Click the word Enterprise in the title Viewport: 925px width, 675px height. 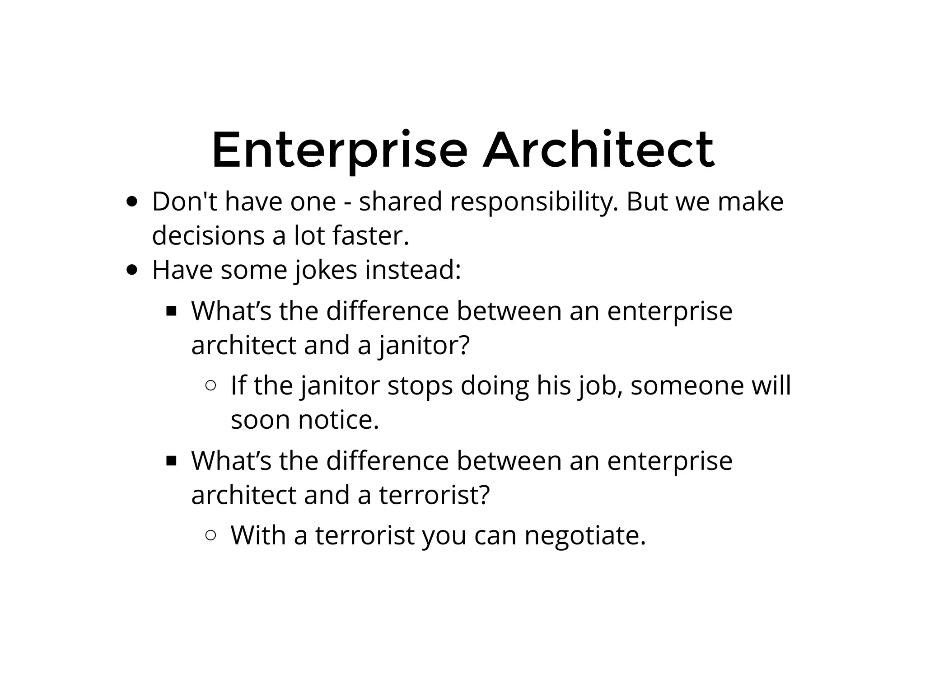(x=339, y=150)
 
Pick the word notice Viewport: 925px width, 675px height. (x=338, y=420)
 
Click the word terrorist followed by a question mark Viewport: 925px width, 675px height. (x=434, y=495)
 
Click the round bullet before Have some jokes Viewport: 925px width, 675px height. (x=132, y=270)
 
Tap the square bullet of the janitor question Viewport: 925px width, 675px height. (x=171, y=311)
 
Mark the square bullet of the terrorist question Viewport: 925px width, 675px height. (x=171, y=461)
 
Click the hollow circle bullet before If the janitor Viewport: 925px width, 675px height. (x=210, y=386)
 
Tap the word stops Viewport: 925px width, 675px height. (x=420, y=387)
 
